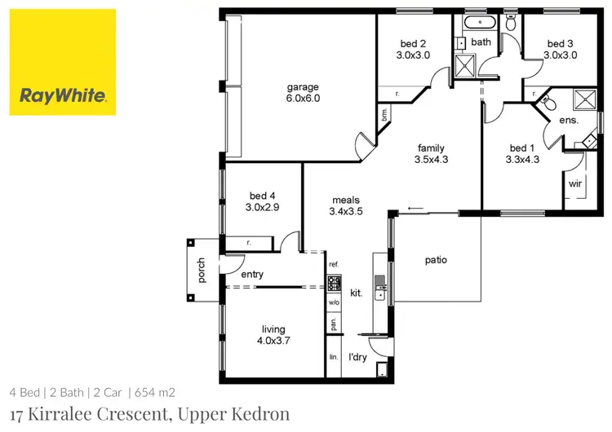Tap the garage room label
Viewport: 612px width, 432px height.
pos(302,87)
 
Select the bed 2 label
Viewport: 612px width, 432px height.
pos(412,44)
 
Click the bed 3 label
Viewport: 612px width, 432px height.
pos(561,44)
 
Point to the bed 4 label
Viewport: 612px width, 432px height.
pos(262,196)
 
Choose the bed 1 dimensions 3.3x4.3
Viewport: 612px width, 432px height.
pos(523,161)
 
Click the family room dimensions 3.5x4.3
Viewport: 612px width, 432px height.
pos(431,161)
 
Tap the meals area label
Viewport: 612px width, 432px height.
pos(345,200)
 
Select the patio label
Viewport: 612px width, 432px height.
pos(436,261)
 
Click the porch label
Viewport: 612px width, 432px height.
pos(201,271)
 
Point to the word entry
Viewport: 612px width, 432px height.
pos(252,275)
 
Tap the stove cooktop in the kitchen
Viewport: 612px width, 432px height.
pos(334,284)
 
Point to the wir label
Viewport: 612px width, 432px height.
pos(574,185)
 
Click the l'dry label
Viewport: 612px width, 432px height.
pos(357,357)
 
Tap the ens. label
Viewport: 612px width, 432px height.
pos(568,121)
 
